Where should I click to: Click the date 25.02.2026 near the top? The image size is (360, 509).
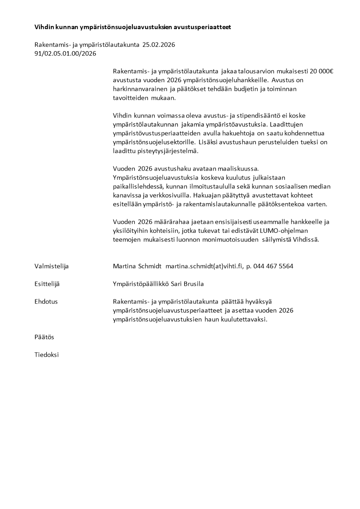coord(159,44)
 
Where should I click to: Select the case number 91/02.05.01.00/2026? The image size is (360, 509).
coord(65,53)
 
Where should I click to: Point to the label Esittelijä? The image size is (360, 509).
coord(47,284)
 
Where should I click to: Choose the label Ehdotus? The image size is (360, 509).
coord(46,301)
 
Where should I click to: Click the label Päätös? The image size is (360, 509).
coord(44,337)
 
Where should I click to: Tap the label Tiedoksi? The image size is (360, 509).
coord(46,355)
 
